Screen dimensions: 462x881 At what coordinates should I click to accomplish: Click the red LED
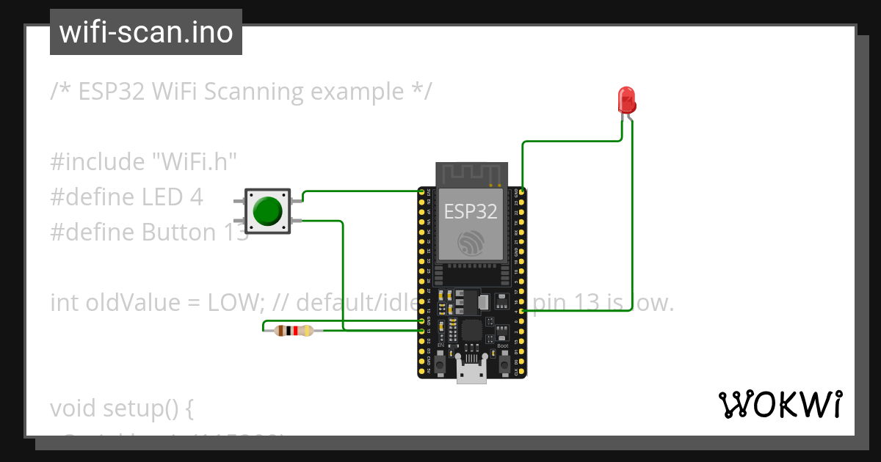point(626,99)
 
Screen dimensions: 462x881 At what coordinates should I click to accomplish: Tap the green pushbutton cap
point(267,211)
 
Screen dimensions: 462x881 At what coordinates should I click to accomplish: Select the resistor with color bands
point(294,331)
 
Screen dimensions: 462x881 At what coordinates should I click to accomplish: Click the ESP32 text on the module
point(471,212)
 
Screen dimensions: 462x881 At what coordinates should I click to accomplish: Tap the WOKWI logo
point(780,405)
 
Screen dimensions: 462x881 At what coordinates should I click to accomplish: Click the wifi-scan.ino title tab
point(146,32)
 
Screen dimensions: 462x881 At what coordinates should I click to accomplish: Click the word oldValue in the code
point(127,302)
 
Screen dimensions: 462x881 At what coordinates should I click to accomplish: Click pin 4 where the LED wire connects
point(521,311)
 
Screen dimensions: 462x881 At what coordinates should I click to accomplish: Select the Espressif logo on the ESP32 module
point(471,243)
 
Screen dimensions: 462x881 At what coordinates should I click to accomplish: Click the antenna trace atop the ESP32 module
point(471,174)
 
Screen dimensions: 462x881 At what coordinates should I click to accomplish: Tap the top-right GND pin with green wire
point(521,192)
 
